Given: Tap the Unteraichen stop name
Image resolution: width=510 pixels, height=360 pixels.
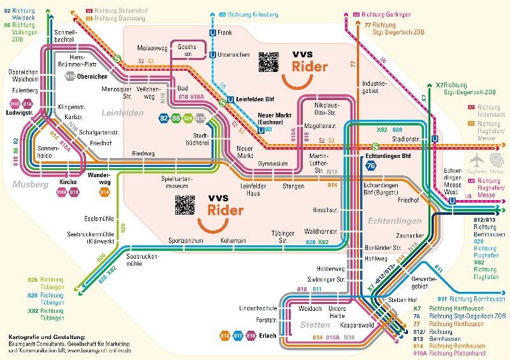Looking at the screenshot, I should tap(231, 55).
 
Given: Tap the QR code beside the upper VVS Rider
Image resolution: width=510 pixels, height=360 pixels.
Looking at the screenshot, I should tap(268, 62).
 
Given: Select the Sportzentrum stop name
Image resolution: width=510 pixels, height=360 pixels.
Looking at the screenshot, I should tap(186, 241).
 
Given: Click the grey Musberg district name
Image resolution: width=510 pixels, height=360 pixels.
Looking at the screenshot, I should tap(26, 184).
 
